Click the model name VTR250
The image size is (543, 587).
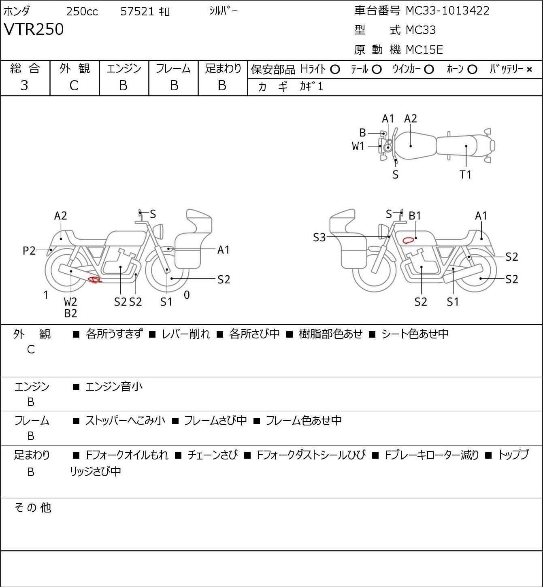[x=34, y=30]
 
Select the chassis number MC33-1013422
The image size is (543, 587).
[x=447, y=11]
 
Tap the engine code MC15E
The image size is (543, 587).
[x=424, y=50]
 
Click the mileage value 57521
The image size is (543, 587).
[x=137, y=11]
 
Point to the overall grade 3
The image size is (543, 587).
[x=24, y=85]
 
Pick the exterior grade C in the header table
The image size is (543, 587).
[x=74, y=85]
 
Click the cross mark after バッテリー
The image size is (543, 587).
[x=529, y=70]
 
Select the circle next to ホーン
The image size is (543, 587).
[x=472, y=70]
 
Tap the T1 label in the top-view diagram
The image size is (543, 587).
[x=466, y=175]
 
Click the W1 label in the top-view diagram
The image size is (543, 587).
[x=358, y=146]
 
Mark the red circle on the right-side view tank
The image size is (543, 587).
[x=409, y=240]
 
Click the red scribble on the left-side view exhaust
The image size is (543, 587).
[x=95, y=279]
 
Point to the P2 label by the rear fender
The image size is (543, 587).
[x=29, y=251]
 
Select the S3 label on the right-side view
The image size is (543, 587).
[x=319, y=237]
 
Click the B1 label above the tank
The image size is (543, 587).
[x=415, y=216]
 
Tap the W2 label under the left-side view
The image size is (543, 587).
[x=70, y=302]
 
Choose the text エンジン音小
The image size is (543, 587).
[x=114, y=387]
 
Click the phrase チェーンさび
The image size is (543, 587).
[x=212, y=455]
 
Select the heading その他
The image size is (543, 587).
[x=33, y=507]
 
